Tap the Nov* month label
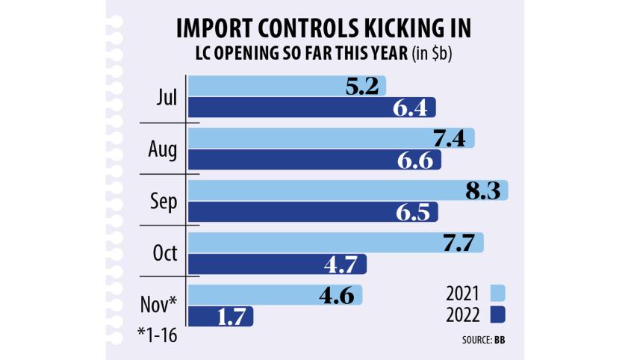(x=159, y=304)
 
